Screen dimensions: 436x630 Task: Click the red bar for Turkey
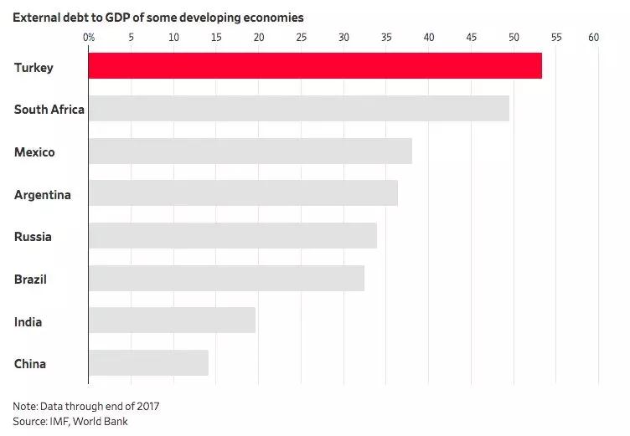pos(315,66)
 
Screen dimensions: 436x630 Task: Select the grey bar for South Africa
pos(298,109)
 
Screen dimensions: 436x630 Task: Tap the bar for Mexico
pos(250,151)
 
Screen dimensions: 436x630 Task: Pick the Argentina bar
pos(243,193)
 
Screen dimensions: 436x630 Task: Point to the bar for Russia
pos(232,236)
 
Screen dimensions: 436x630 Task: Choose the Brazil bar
pos(226,279)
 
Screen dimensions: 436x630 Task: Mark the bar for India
pos(172,321)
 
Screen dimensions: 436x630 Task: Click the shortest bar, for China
pos(148,363)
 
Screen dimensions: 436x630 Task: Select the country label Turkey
pos(34,67)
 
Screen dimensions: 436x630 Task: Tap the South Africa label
pos(49,110)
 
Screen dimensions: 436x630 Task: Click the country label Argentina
pos(42,195)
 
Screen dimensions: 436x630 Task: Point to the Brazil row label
pos(30,280)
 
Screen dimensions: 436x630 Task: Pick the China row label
pos(30,364)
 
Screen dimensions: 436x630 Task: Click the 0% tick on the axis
pos(89,37)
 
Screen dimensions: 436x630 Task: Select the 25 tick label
pos(301,37)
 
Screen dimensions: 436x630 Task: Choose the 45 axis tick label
pos(471,37)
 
